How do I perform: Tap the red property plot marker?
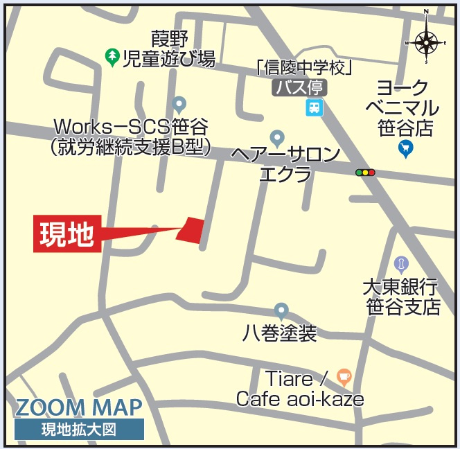tap(191, 229)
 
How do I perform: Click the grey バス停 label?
tap(299, 87)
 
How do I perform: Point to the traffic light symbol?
tap(364, 172)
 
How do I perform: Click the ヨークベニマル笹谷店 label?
tap(407, 108)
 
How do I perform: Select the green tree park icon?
tap(111, 56)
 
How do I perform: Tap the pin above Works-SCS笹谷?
tap(179, 105)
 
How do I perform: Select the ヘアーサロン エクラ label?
tap(285, 164)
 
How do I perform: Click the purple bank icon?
tap(400, 263)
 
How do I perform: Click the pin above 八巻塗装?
tap(281, 310)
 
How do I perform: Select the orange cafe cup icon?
tap(344, 376)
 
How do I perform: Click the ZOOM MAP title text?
tap(78, 407)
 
